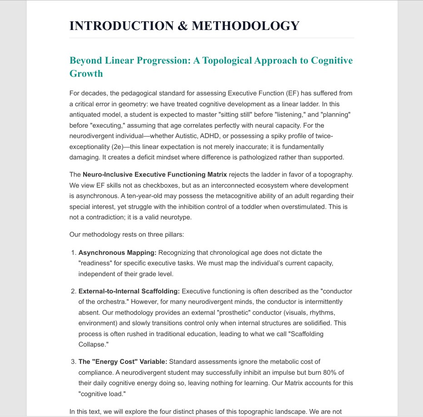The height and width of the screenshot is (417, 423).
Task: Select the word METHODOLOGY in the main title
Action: coord(245,26)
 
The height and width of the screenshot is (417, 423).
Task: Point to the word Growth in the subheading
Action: coord(86,74)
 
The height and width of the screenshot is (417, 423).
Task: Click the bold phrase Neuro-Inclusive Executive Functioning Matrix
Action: coord(154,175)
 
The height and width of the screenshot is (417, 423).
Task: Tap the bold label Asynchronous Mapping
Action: coord(117,253)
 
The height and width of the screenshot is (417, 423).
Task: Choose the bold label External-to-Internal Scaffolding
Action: coord(129,291)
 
